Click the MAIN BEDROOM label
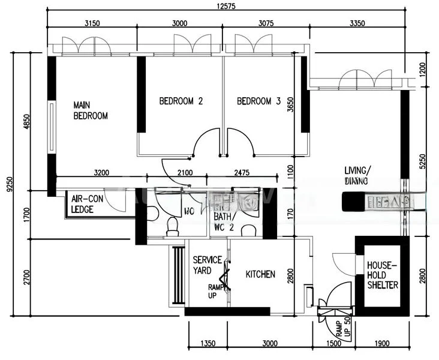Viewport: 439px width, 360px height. click(90, 110)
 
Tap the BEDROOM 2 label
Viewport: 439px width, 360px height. click(181, 101)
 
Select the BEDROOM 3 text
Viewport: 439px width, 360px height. click(258, 101)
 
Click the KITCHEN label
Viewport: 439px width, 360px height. click(261, 274)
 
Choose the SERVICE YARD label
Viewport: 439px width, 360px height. click(208, 265)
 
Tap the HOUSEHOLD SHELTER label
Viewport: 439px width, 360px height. click(383, 274)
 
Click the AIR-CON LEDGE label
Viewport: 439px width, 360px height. click(86, 204)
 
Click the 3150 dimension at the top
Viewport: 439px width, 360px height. click(92, 24)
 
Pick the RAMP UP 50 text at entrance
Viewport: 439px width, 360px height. click(341, 328)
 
